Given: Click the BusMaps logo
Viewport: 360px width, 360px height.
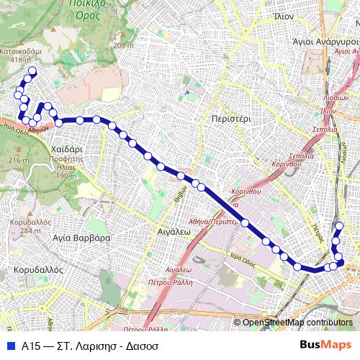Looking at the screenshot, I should point(325,345).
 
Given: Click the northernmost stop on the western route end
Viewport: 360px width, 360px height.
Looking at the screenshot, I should point(32,71).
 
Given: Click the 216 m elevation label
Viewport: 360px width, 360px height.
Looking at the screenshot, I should point(16,159).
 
